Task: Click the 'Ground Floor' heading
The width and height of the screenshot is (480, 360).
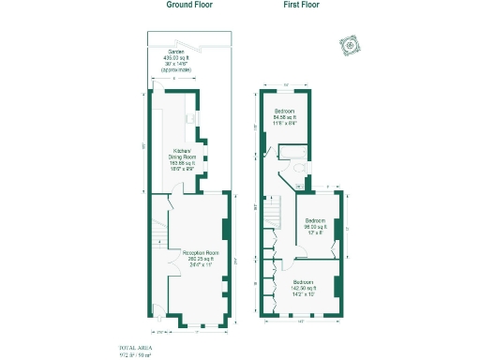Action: coord(189,5)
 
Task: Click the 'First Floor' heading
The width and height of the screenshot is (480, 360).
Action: coord(303,5)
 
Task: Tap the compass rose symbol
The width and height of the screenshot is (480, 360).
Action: coord(350,45)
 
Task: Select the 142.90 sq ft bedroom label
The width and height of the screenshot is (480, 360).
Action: coord(304,288)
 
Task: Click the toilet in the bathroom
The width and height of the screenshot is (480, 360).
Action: coord(297,169)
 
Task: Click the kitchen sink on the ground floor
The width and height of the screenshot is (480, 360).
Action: coord(191,118)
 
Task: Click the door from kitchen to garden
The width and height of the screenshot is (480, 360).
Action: coord(158,91)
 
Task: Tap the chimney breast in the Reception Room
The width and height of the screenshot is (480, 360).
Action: coord(224,231)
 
